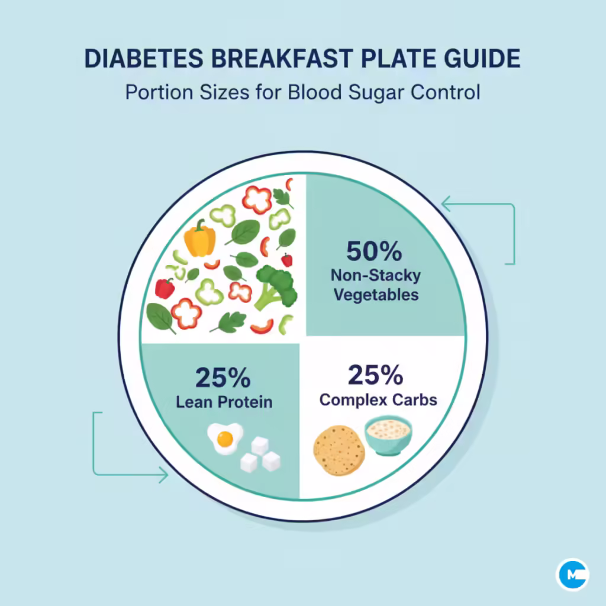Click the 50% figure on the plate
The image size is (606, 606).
click(x=373, y=252)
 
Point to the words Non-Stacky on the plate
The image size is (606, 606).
click(x=375, y=275)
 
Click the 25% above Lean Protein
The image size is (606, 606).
click(x=223, y=377)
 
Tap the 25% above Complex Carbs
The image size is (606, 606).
click(x=376, y=375)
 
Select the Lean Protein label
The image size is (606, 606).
click(x=224, y=402)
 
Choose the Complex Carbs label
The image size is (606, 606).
click(x=378, y=399)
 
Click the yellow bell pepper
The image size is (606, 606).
click(x=199, y=238)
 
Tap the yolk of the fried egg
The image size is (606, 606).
click(x=224, y=438)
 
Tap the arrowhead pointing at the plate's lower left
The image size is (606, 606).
click(x=163, y=474)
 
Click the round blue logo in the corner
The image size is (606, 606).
click(x=572, y=574)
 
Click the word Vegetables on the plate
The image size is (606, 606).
click(x=376, y=294)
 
